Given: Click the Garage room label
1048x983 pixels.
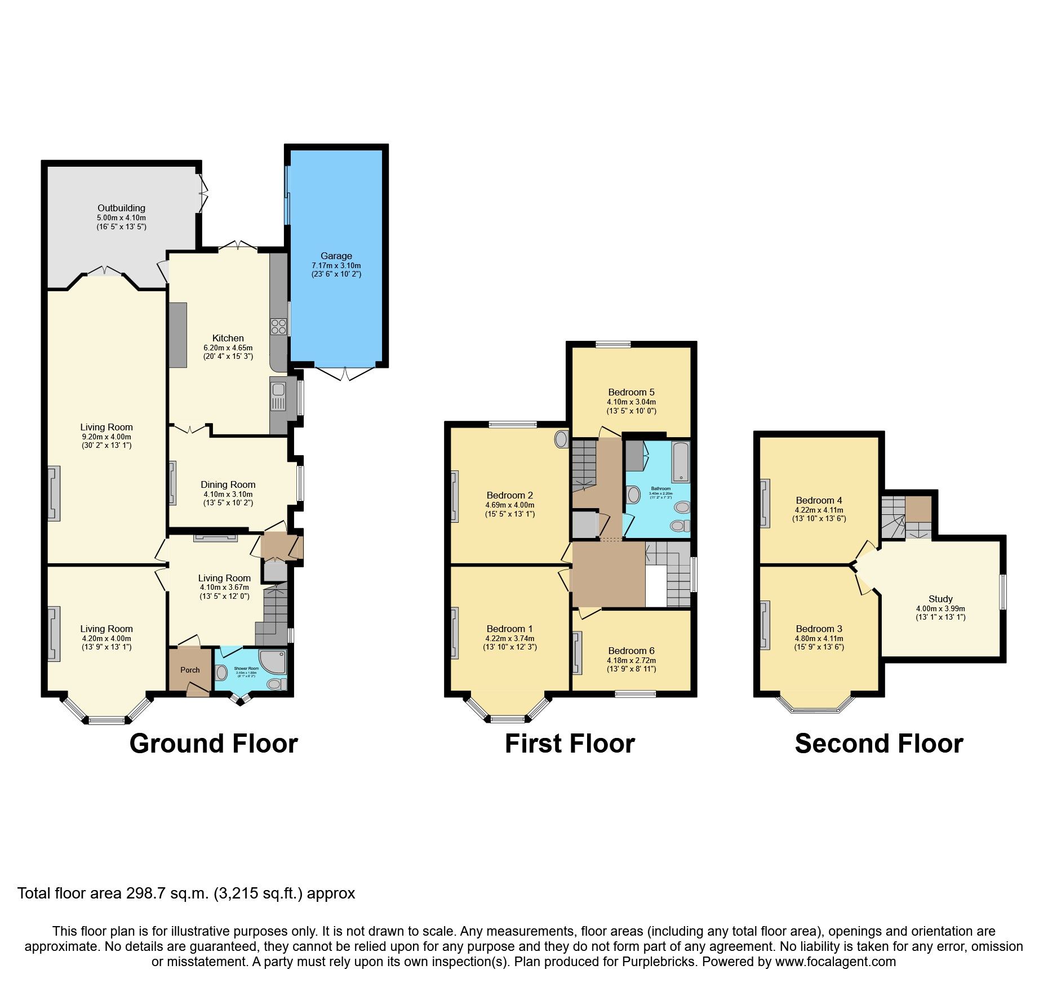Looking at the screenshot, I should pyautogui.click(x=336, y=256).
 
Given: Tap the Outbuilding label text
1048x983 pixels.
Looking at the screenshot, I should pyautogui.click(x=121, y=208).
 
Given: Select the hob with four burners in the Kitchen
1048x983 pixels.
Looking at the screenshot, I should pyautogui.click(x=279, y=327).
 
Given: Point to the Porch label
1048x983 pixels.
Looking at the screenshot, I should pyautogui.click(x=190, y=670).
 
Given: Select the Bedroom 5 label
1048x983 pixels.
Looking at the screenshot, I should pyautogui.click(x=631, y=392).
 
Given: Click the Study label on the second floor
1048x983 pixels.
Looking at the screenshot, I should pyautogui.click(x=940, y=599).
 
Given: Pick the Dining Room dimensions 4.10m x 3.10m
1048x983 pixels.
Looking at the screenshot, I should pyautogui.click(x=228, y=494).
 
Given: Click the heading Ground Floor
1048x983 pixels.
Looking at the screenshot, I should pyautogui.click(x=214, y=744).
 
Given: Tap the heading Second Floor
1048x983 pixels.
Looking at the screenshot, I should pyautogui.click(x=878, y=744).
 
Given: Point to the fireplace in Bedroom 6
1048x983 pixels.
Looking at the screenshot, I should pyautogui.click(x=577, y=653).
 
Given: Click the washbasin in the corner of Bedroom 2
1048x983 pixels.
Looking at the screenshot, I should pyautogui.click(x=562, y=439).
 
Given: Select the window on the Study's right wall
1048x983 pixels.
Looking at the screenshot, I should pyautogui.click(x=1002, y=591).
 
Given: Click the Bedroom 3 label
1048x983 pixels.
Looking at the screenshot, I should pyautogui.click(x=819, y=629).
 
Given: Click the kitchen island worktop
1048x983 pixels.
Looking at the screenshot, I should pyautogui.click(x=177, y=335).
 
